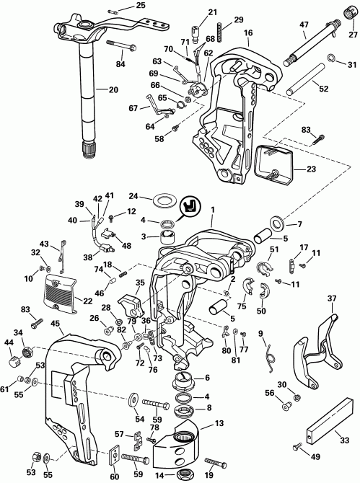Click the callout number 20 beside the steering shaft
[x=113, y=90]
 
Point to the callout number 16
[x=248, y=33]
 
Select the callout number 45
[x=56, y=323]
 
